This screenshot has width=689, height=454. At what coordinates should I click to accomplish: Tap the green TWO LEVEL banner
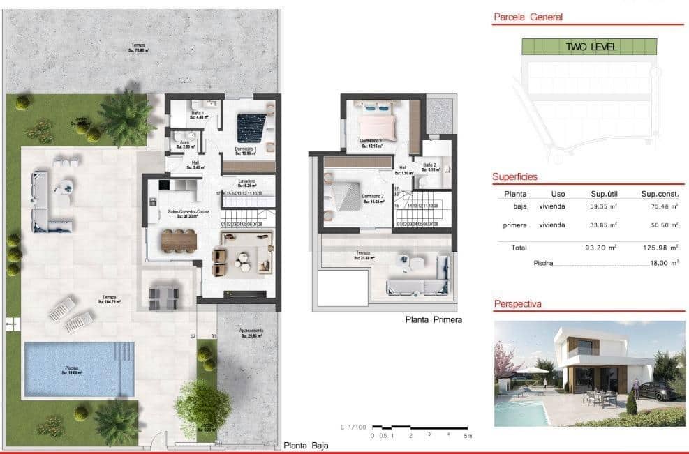(589, 47)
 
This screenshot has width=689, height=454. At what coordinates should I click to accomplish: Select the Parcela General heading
(528, 17)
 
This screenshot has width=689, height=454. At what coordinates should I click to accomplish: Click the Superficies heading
(514, 177)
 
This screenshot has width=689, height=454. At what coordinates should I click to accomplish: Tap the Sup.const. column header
(660, 193)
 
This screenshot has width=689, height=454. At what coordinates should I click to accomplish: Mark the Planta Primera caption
(434, 320)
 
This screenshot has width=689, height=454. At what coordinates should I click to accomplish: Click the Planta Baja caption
(306, 445)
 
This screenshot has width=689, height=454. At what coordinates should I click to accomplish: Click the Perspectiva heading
(517, 304)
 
